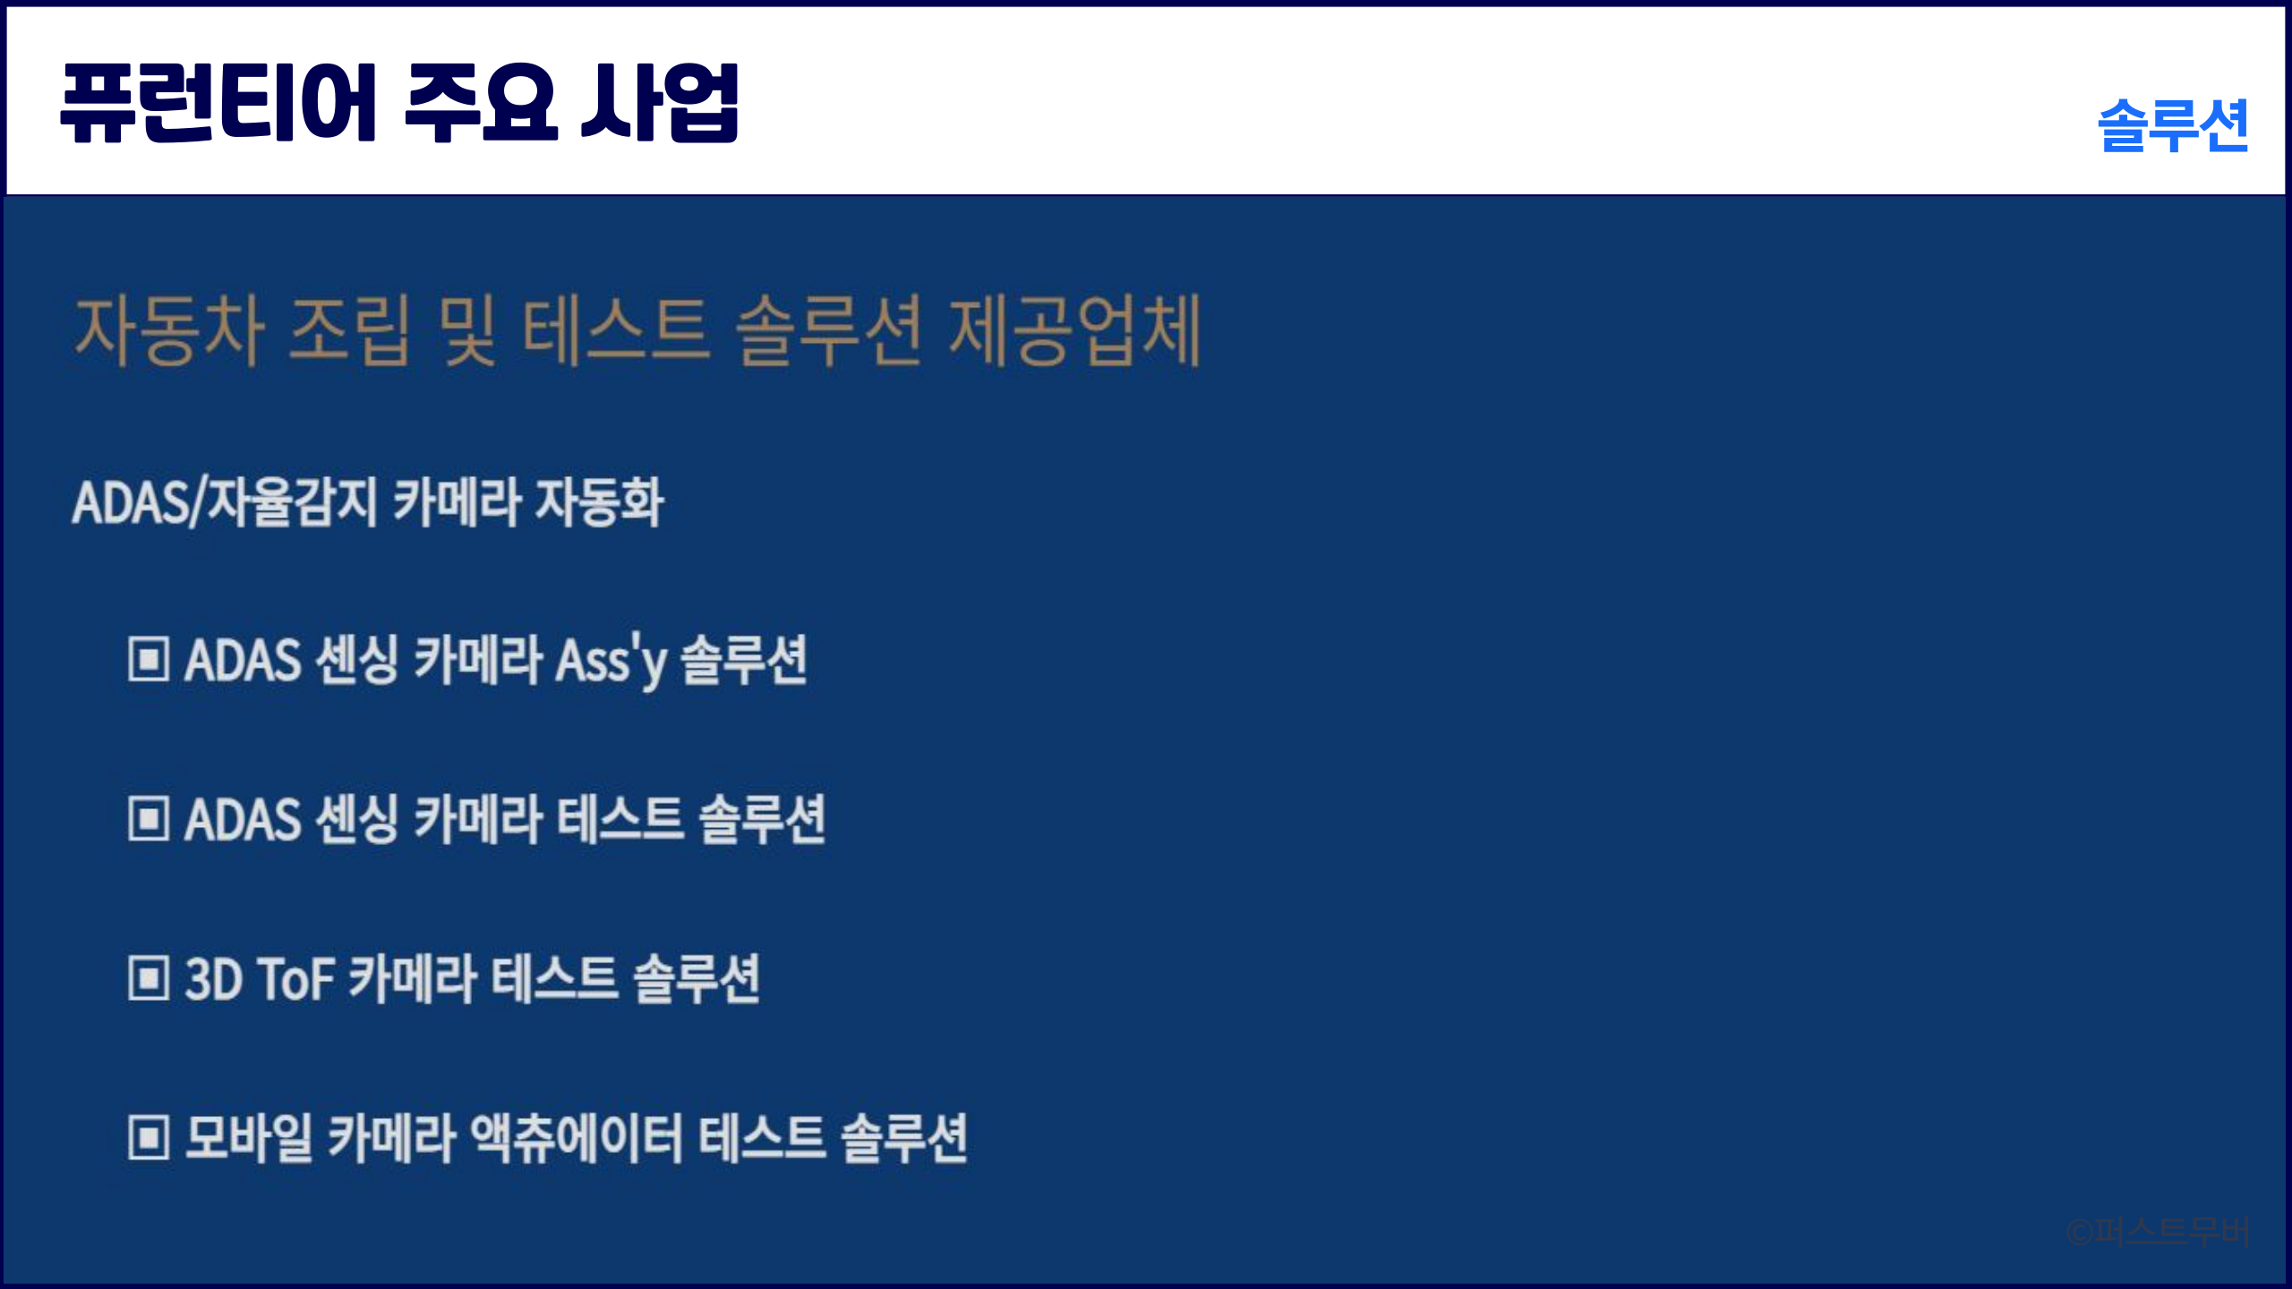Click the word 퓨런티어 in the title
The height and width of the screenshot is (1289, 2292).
point(218,103)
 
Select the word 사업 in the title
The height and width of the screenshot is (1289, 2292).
point(661,103)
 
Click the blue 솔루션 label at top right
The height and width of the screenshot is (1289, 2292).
point(2173,125)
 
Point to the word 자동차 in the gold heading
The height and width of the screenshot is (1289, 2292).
point(169,330)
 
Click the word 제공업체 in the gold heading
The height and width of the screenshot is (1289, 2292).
point(1074,330)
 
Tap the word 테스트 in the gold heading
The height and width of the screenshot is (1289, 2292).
point(616,330)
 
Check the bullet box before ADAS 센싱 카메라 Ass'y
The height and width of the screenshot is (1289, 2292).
point(149,659)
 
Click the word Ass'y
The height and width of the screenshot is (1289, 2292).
point(611,661)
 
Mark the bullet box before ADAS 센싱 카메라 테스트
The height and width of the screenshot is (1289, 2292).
point(149,818)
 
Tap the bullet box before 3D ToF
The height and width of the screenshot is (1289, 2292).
point(149,977)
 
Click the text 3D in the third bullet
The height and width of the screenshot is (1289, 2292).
point(214,978)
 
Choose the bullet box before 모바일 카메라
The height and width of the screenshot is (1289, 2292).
point(149,1137)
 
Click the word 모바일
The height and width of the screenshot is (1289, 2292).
point(249,1138)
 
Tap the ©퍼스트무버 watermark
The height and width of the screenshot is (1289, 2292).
point(2158,1232)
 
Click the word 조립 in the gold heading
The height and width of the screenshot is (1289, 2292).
point(349,330)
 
